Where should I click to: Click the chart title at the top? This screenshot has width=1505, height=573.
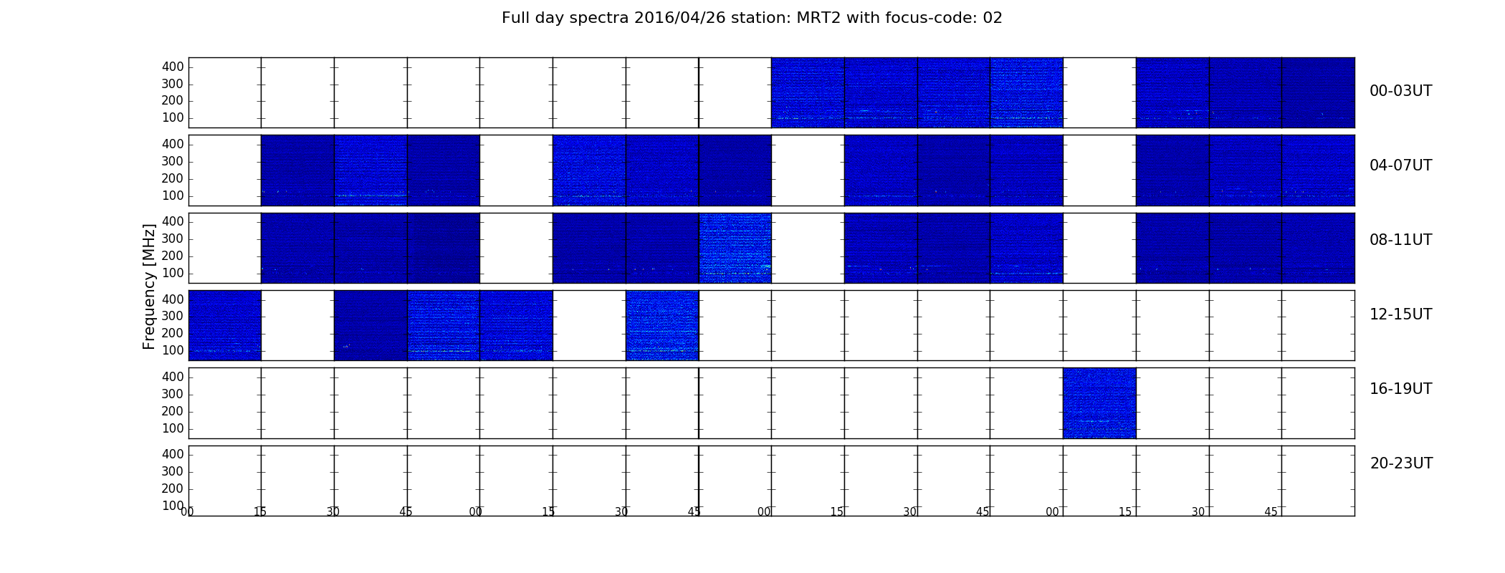tap(752, 18)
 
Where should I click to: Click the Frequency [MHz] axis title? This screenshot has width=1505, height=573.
tap(149, 286)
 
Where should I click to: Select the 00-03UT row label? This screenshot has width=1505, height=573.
tap(1401, 91)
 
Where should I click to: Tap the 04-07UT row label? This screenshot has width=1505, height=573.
tap(1401, 165)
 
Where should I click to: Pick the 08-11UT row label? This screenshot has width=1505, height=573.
tap(1401, 240)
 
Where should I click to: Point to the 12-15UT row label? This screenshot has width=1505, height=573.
tap(1401, 314)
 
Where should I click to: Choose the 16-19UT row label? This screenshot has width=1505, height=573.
tap(1401, 389)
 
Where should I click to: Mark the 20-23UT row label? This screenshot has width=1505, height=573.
tap(1401, 463)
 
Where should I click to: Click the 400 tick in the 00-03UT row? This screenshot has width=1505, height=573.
tap(173, 67)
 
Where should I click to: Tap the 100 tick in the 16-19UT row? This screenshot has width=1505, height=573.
tap(173, 428)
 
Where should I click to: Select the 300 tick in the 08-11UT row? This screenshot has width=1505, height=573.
tap(173, 239)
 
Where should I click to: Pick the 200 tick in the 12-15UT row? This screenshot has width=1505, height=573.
tap(173, 333)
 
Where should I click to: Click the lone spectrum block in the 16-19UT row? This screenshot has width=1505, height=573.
tap(1099, 403)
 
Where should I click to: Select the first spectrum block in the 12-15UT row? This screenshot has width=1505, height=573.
tap(225, 325)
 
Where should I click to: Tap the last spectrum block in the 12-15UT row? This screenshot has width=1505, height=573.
tap(662, 325)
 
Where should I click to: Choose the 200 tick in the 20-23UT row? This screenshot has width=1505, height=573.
tap(173, 488)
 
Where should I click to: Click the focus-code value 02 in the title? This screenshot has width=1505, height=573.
tap(993, 18)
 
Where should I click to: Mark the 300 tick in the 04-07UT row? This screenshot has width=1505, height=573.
tap(173, 161)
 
